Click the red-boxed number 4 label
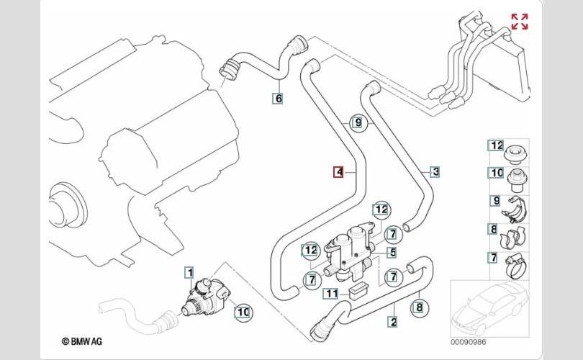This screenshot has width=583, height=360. [338, 172]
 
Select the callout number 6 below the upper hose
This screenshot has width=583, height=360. [278, 97]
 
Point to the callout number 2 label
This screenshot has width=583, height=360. [393, 323]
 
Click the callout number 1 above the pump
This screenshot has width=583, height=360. [189, 271]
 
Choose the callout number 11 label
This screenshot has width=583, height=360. [330, 293]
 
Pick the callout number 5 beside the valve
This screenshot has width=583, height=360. [392, 253]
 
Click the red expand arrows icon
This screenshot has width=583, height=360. [519, 22]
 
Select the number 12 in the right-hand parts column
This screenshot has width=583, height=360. [497, 145]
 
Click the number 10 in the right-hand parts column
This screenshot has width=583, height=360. [497, 173]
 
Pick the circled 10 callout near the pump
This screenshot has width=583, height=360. [243, 312]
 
